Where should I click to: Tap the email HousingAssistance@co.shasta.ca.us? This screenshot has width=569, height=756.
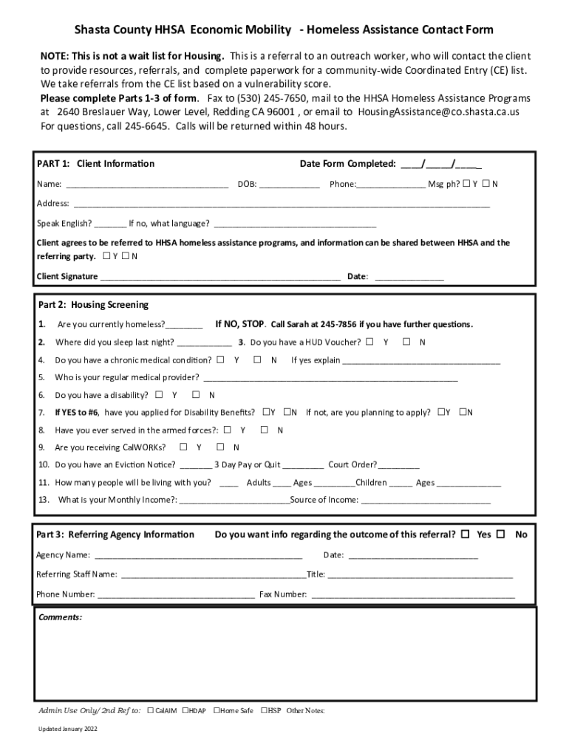tap(438, 112)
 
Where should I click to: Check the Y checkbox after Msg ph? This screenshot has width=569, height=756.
tap(466, 184)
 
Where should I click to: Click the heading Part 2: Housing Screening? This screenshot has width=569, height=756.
tap(93, 305)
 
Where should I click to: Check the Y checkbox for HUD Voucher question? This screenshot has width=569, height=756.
tap(369, 342)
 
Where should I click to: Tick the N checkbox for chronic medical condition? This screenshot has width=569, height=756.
tap(257, 360)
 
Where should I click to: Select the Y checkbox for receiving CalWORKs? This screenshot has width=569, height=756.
tap(180, 447)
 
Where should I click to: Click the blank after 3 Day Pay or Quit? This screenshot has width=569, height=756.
tap(303, 465)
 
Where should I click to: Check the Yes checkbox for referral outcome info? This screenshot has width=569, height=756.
tap(465, 534)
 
